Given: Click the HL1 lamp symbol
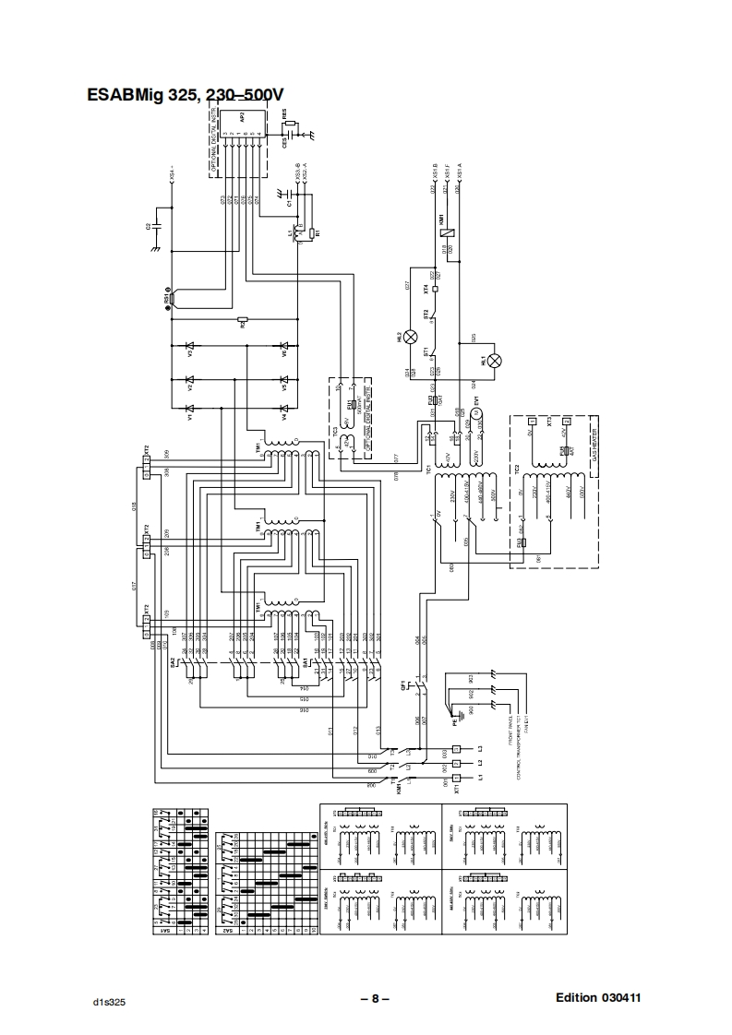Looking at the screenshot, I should (x=495, y=361).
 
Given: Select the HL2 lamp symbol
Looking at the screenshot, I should (x=412, y=338).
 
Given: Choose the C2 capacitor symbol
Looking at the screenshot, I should (x=158, y=225).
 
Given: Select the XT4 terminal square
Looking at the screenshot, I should (x=434, y=288).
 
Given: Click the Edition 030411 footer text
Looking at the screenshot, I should (x=598, y=998).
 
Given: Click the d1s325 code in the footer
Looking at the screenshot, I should (x=108, y=1002).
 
